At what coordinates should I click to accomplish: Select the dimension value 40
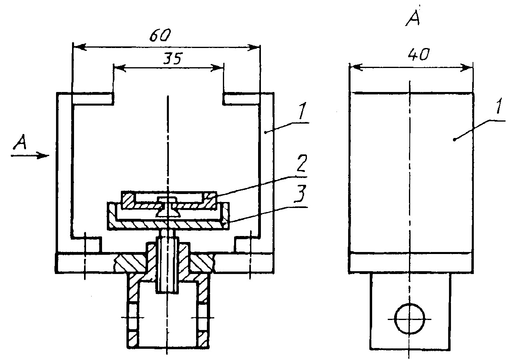click(x=418, y=55)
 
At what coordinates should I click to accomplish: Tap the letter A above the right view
click(x=413, y=18)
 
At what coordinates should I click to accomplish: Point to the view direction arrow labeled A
click(x=30, y=156)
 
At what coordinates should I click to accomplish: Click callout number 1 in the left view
click(x=303, y=110)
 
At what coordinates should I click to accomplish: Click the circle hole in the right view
click(x=409, y=319)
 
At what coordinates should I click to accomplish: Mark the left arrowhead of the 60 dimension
click(x=79, y=47)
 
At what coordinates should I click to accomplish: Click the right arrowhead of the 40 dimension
click(x=466, y=68)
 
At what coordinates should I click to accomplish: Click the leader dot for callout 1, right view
click(x=454, y=139)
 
